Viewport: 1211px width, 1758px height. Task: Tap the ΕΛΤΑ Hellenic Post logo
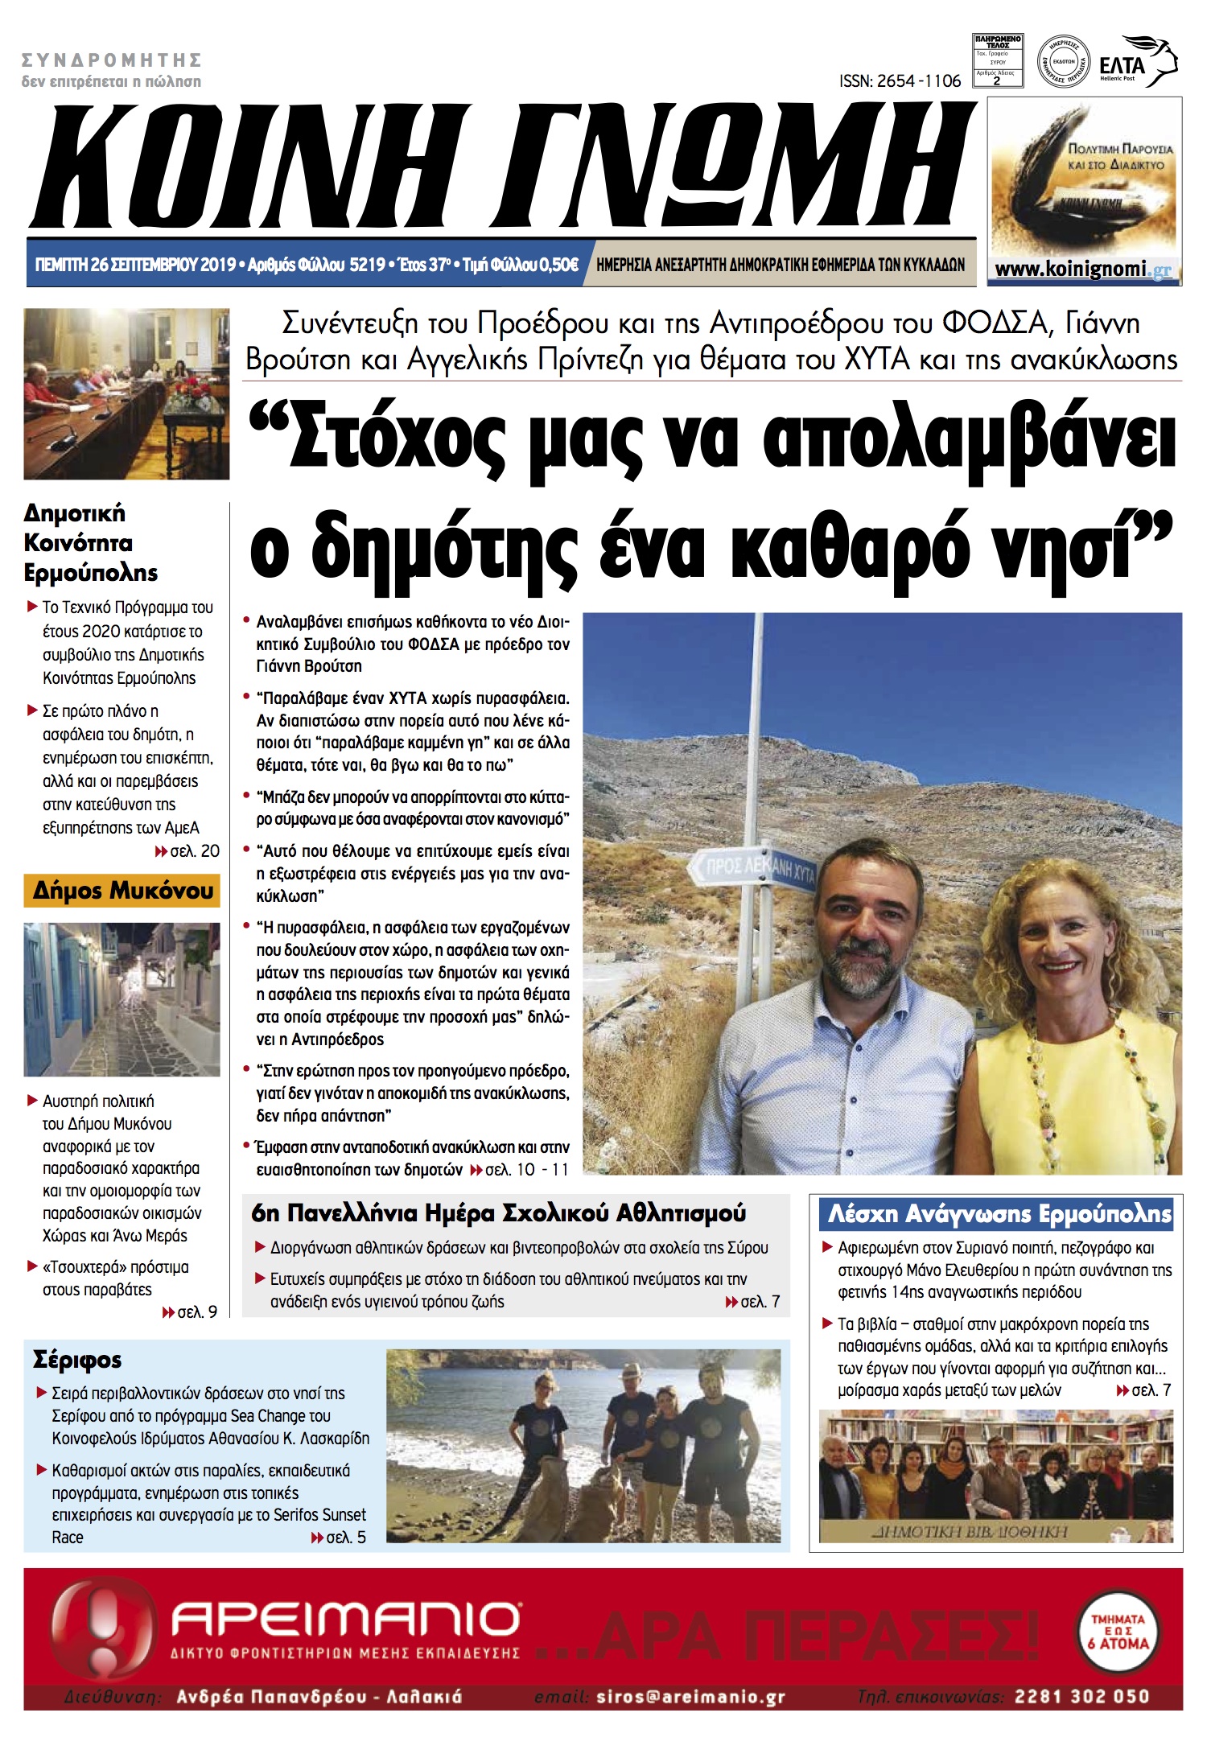coord(1137,63)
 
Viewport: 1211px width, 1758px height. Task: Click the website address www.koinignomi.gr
coord(1083,270)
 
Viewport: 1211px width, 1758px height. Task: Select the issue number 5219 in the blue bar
coord(367,265)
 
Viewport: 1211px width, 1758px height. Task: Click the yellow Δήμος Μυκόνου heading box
coord(122,891)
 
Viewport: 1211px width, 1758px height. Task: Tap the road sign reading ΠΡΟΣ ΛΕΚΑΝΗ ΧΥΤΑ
coord(753,867)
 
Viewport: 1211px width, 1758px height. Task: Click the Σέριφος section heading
coord(77,1360)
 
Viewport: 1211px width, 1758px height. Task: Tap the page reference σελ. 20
coord(194,851)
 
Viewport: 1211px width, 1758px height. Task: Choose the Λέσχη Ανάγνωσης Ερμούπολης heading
coord(999,1213)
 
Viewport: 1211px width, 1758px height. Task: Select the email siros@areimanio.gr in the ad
coord(690,1697)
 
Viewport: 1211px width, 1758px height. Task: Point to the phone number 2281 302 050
coord(1081,1696)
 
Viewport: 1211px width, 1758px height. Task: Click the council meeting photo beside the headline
coord(126,394)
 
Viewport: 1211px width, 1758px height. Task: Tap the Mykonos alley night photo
coord(122,999)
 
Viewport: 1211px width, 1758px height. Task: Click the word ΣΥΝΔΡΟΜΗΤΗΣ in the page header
coord(112,60)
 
